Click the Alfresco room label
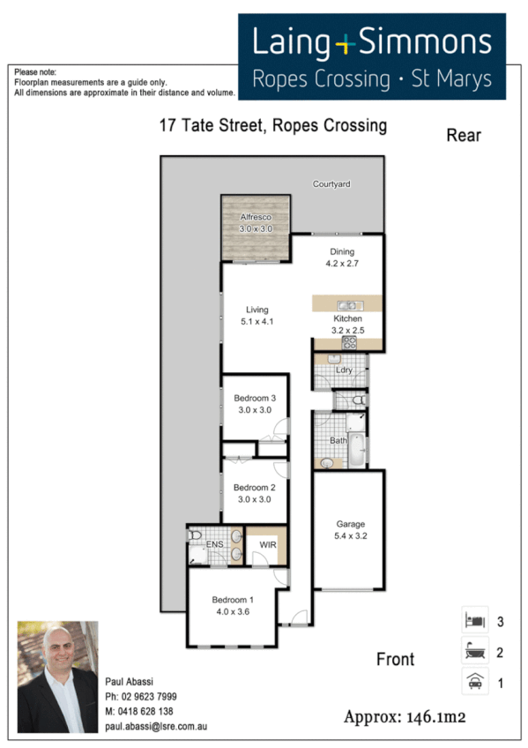tap(257, 217)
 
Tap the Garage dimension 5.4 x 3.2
tap(348, 535)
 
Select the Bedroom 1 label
tap(233, 601)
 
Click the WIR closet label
tap(265, 545)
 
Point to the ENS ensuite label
tap(214, 545)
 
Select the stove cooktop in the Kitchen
tap(348, 342)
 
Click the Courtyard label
tap(331, 184)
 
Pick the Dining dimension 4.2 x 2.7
tap(341, 263)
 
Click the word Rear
tap(464, 135)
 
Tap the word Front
tap(395, 658)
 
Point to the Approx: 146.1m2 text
tap(405, 715)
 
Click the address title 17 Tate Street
tap(272, 125)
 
